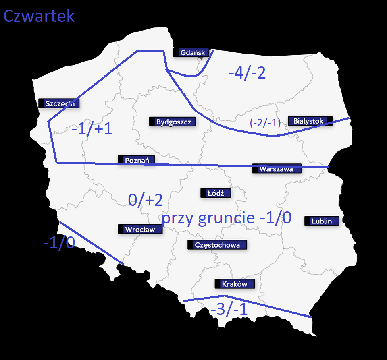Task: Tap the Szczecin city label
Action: [59, 103]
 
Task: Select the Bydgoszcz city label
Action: [173, 122]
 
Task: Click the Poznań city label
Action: [136, 160]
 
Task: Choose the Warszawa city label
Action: [277, 169]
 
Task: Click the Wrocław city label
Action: [141, 230]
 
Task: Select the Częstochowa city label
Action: [217, 245]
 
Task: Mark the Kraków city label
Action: [235, 284]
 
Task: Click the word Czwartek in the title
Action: [39, 16]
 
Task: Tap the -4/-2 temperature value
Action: [247, 73]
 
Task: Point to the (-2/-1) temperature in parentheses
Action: [265, 123]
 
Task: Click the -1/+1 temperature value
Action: [92, 130]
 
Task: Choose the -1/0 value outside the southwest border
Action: [59, 243]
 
